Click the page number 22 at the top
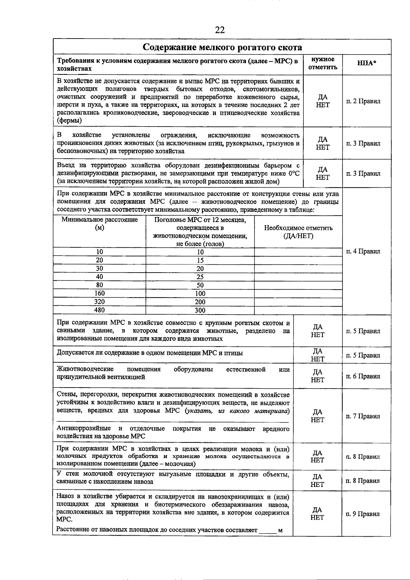(x=220, y=30)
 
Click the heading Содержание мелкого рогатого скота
(x=222, y=47)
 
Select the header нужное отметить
(x=323, y=63)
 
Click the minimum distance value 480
(x=99, y=310)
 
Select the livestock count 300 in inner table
(x=200, y=310)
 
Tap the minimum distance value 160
(x=99, y=293)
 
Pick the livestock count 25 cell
(x=200, y=277)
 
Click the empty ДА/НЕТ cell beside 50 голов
(x=298, y=285)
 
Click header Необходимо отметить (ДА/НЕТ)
(x=298, y=232)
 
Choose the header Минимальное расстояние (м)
(x=99, y=224)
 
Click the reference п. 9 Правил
(x=363, y=514)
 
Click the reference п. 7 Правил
(x=363, y=416)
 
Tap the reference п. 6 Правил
(x=363, y=376)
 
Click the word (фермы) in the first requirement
(x=69, y=120)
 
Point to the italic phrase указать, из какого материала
(x=237, y=411)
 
